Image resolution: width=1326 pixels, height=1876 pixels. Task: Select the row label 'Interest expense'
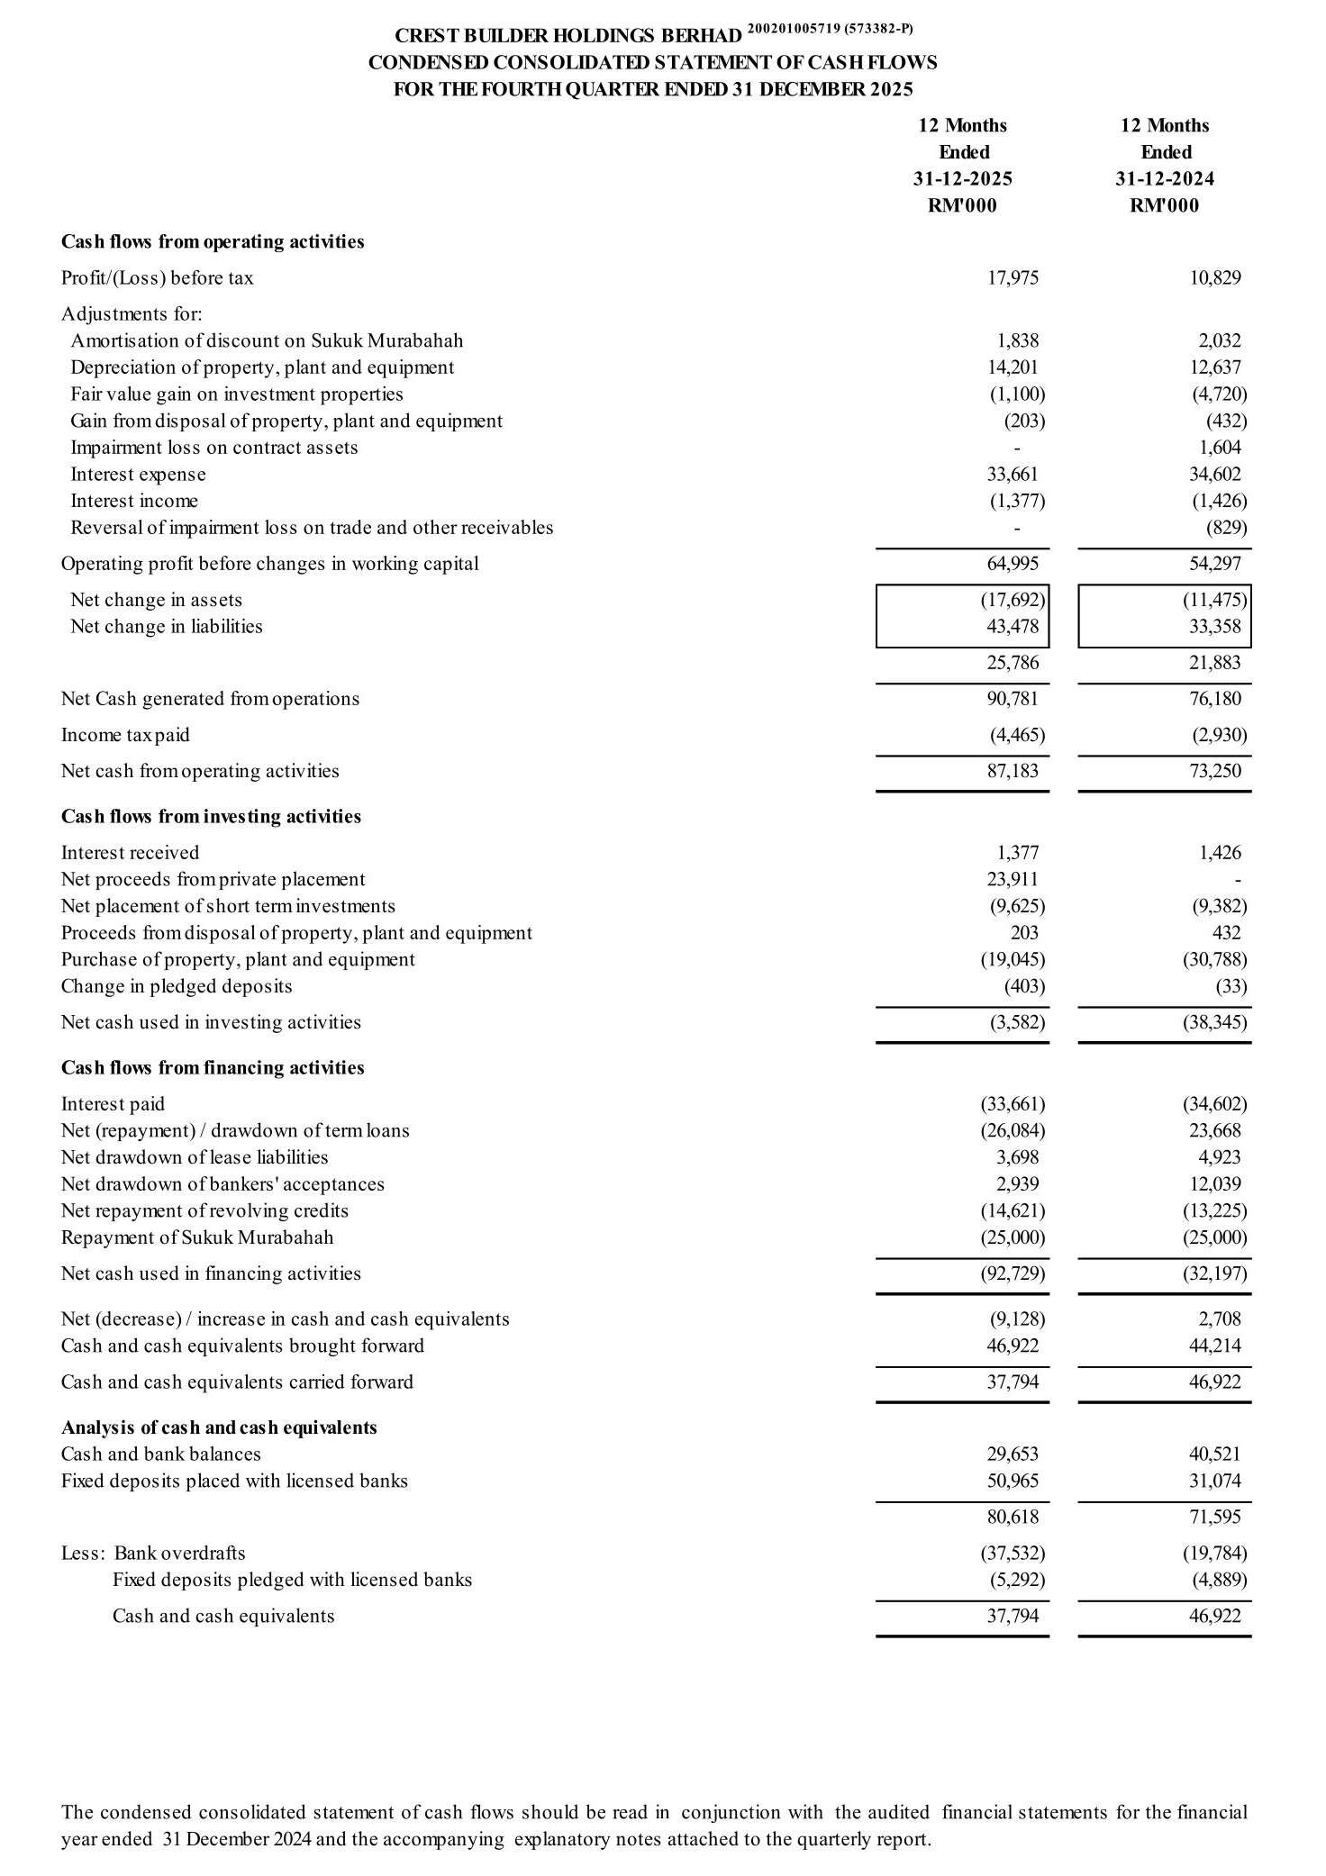coord(138,475)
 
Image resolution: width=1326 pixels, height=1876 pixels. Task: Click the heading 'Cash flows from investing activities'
coord(211,817)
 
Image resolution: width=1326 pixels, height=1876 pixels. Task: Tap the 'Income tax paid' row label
coord(125,735)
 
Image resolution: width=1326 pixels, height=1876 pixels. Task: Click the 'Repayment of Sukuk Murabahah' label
coord(197,1237)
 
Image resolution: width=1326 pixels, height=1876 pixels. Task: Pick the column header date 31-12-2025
coord(963,179)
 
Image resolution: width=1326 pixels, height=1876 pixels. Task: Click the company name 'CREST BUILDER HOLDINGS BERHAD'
coord(568,36)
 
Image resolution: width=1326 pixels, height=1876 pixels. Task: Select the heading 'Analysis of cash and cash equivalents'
coord(219,1427)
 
